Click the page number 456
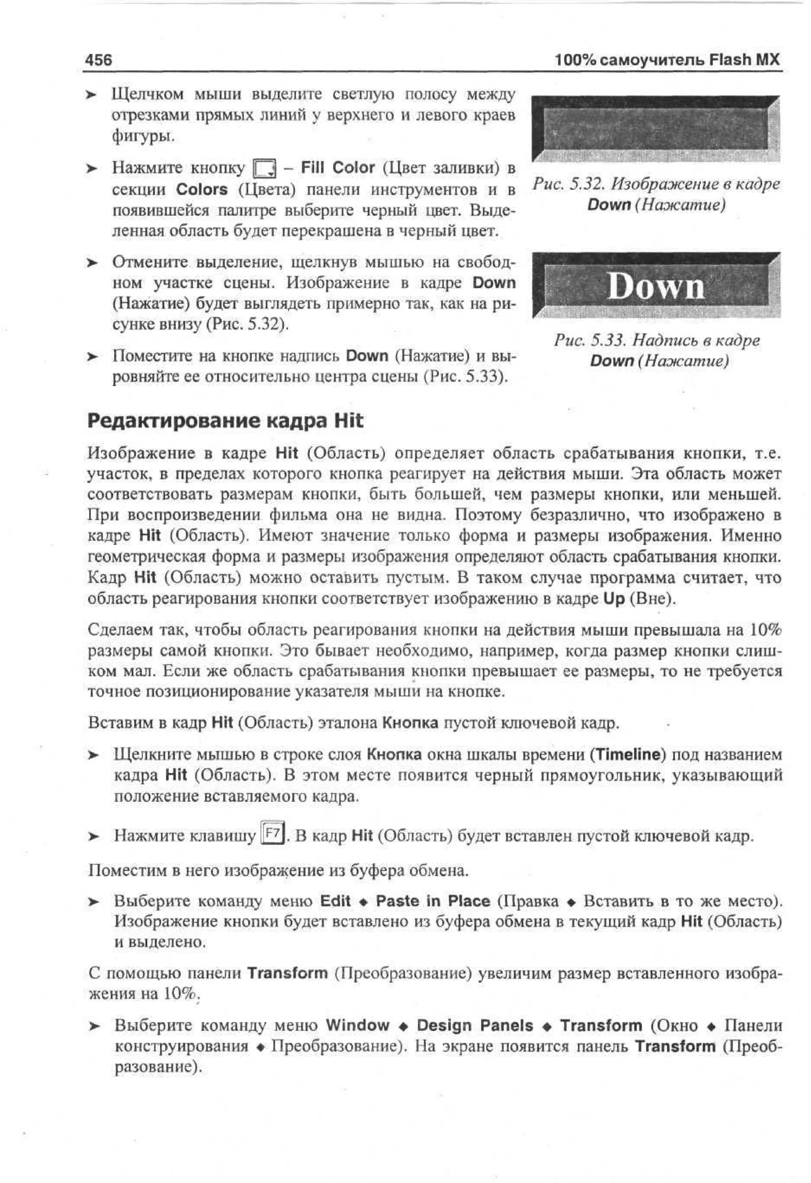click(x=99, y=60)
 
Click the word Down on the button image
click(x=656, y=286)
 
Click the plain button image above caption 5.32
click(x=656, y=129)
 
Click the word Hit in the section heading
click(x=348, y=421)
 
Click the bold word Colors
click(x=202, y=190)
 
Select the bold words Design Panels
click(x=475, y=1025)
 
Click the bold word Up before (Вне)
click(x=613, y=599)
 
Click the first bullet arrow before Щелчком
click(x=91, y=95)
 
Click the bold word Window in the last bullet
click(x=357, y=1025)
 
